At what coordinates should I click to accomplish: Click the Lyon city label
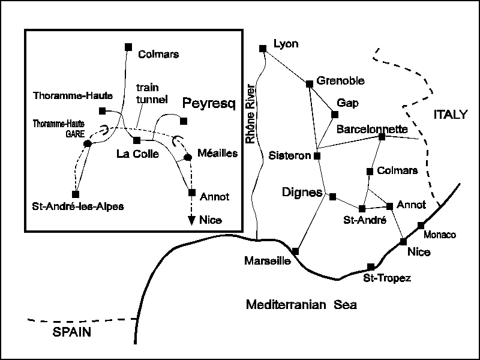click(286, 44)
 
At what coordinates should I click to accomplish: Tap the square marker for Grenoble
click(310, 83)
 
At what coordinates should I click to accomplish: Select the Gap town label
click(347, 103)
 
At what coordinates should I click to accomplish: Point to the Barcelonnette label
click(372, 129)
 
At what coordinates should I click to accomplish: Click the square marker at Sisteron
click(317, 156)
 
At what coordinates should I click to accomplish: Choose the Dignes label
click(302, 193)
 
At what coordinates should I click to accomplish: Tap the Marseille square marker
click(295, 251)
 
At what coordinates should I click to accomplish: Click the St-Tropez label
click(387, 278)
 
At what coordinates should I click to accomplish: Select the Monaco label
click(440, 234)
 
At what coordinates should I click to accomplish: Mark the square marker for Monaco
click(421, 225)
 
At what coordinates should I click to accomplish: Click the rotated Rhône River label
click(251, 114)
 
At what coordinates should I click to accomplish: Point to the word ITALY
click(449, 115)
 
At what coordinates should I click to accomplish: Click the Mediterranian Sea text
click(301, 305)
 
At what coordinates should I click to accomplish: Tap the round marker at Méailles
click(187, 157)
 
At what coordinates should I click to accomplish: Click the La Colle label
click(137, 154)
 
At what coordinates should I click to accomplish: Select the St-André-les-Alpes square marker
click(76, 194)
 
